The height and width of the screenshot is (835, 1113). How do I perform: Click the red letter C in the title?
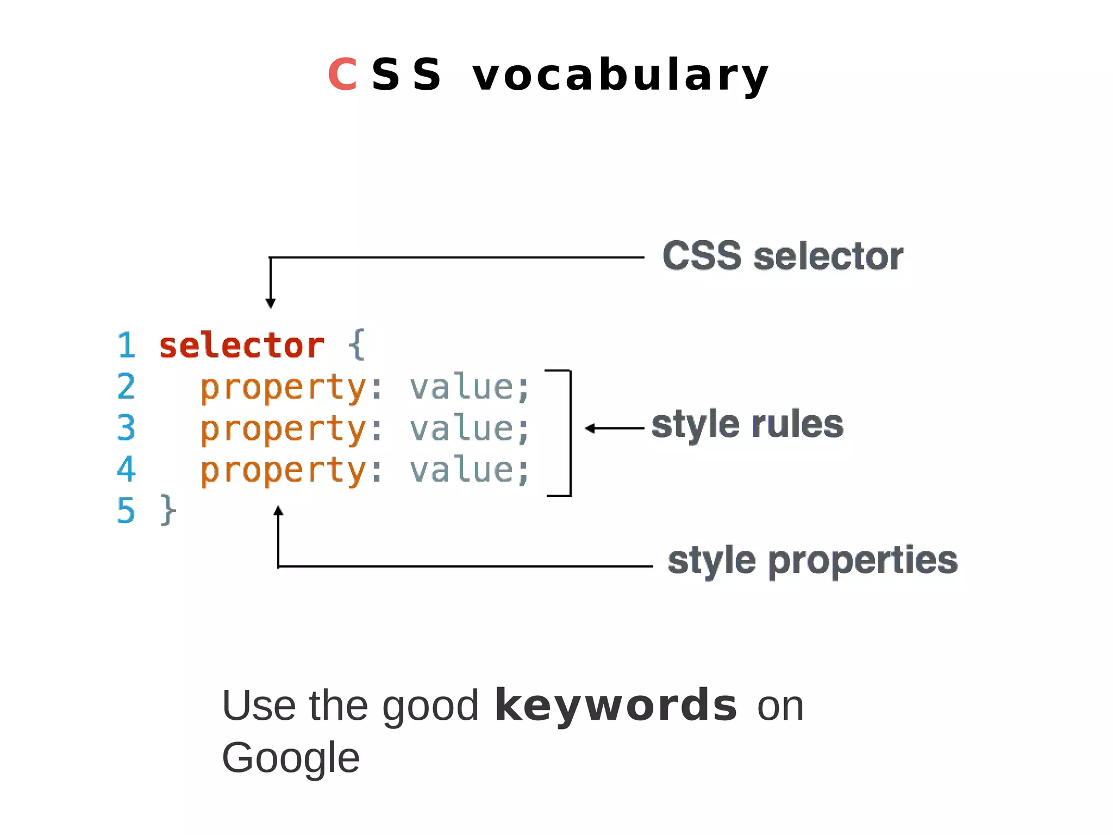pos(342,74)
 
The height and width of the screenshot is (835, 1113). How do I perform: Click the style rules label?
pos(747,425)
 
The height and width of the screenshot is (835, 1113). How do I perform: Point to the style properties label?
pos(812,560)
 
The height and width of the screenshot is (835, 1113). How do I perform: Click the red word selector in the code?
pos(241,346)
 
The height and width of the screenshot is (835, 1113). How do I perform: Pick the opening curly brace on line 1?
pos(357,345)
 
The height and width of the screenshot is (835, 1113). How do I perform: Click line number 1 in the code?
pos(126,346)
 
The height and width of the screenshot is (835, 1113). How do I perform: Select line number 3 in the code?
pos(126,428)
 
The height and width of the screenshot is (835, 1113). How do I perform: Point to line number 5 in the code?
pos(126,510)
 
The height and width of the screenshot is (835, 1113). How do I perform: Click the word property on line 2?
pos(284,388)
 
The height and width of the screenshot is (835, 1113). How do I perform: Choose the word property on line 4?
pos(284,471)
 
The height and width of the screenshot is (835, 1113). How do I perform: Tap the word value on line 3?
pos(461,428)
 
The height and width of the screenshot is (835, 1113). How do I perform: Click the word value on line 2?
pos(461,387)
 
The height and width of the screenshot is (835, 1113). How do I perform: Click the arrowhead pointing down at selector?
pos(271,303)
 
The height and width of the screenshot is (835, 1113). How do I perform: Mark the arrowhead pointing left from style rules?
pos(590,428)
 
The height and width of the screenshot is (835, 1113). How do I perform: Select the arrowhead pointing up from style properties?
pos(278,511)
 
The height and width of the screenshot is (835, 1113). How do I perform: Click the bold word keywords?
pos(616,706)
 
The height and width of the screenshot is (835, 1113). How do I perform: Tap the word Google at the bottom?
pos(291,758)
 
